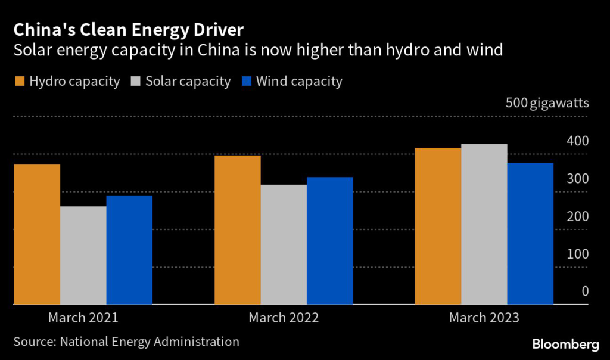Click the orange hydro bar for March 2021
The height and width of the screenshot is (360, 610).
(x=37, y=234)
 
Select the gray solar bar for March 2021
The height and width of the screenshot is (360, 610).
(x=83, y=255)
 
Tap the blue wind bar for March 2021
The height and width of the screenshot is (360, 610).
(x=129, y=250)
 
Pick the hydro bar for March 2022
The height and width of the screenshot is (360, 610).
(x=238, y=230)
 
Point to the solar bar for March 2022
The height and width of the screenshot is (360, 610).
(x=284, y=244)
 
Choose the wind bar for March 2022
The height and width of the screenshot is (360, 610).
(x=330, y=241)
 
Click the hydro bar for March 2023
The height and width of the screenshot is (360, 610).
(x=438, y=226)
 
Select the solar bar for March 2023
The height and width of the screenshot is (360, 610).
(x=484, y=224)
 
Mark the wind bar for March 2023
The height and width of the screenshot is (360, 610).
(x=530, y=234)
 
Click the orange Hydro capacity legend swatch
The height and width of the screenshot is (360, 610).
(x=18, y=82)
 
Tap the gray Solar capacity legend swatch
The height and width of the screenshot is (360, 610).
(x=135, y=82)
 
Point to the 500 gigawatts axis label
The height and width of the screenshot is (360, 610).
(x=547, y=103)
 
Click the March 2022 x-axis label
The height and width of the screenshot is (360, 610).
(x=284, y=318)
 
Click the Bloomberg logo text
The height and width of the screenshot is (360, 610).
(x=565, y=344)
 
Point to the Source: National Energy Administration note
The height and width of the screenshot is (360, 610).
(x=126, y=342)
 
